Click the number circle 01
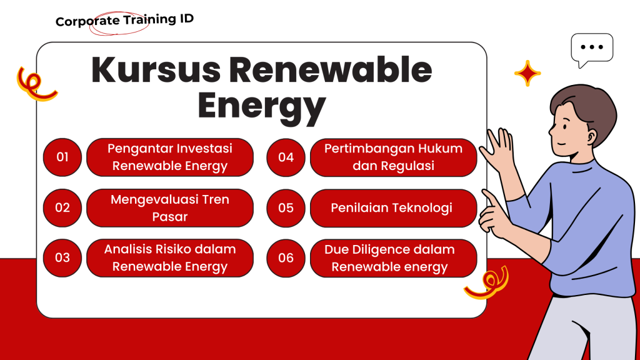click(62, 157)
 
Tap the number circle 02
click(62, 207)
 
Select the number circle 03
click(62, 258)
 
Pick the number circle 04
click(286, 157)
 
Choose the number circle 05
click(286, 208)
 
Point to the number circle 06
click(286, 258)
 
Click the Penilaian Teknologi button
click(394, 208)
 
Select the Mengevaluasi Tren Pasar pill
click(170, 207)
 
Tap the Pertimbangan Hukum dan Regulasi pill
click(394, 157)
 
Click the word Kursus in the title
click(156, 70)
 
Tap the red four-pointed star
click(527, 74)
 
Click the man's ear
click(590, 136)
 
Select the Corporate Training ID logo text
click(124, 20)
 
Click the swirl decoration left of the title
click(34, 84)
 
